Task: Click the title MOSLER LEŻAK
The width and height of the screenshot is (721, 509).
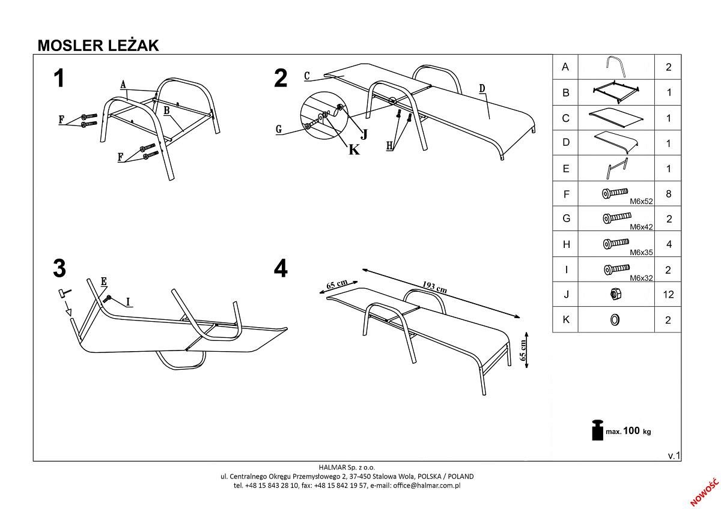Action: (x=98, y=46)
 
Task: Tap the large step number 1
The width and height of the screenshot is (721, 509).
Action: (x=59, y=79)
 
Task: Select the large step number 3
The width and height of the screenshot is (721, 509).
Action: (x=59, y=268)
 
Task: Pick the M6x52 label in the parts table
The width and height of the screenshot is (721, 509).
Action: (x=641, y=201)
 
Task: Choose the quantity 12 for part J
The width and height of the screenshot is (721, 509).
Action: (x=668, y=295)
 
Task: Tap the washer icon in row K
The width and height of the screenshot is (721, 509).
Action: (x=615, y=320)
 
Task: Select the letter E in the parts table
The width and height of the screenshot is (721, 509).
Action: (x=565, y=169)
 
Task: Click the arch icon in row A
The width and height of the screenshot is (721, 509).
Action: (x=615, y=66)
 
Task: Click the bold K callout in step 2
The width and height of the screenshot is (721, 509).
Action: (x=354, y=149)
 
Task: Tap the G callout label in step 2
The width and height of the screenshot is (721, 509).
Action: (x=279, y=129)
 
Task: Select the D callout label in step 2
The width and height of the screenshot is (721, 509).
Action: (x=482, y=89)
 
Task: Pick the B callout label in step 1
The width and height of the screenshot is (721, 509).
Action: (x=166, y=110)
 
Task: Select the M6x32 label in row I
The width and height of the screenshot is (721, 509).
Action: (x=641, y=278)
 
